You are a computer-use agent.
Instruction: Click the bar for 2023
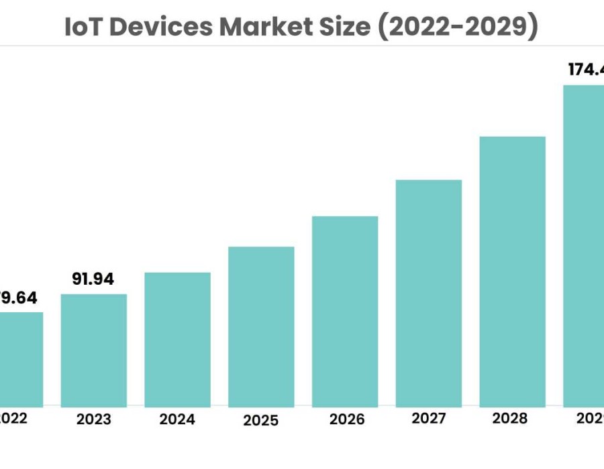(93, 350)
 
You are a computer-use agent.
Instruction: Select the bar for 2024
(177, 339)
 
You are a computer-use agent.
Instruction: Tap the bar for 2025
(261, 326)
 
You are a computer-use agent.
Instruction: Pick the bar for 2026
(345, 311)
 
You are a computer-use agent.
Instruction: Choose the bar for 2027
(429, 293)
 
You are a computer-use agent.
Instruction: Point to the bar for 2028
(512, 271)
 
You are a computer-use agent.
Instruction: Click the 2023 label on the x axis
(93, 420)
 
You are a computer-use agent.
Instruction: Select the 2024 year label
(177, 420)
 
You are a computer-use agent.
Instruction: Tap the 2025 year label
(261, 421)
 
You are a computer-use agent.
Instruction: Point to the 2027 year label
(429, 419)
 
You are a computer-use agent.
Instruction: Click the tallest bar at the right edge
(583, 245)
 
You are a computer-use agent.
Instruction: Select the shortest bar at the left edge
(21, 358)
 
